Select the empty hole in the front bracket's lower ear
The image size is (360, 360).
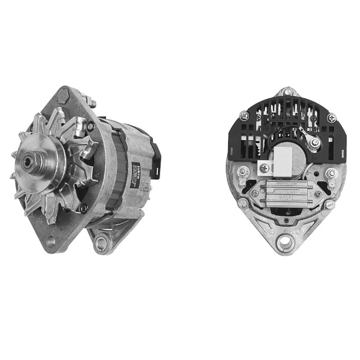[50, 241]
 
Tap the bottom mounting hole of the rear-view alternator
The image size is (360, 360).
[285, 240]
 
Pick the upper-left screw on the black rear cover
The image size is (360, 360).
[245, 115]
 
